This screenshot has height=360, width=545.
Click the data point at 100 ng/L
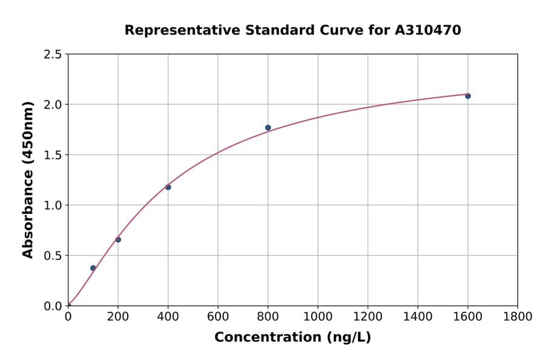(93, 268)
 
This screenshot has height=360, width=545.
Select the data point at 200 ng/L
(118, 239)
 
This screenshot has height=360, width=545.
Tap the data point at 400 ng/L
(168, 187)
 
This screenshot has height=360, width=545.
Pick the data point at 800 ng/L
(268, 128)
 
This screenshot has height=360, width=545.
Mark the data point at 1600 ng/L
(467, 96)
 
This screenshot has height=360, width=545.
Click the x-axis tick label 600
(218, 316)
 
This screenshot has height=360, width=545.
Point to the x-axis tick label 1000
(318, 316)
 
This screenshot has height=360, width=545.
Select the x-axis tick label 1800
(517, 316)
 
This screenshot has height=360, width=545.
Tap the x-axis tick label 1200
(368, 316)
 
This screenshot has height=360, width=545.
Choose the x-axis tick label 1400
(417, 316)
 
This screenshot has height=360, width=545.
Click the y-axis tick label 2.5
(53, 55)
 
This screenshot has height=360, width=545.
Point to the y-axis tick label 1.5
(53, 155)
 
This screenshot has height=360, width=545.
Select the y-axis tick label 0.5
(53, 256)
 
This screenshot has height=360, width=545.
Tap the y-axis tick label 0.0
(53, 306)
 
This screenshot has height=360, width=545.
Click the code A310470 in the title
(428, 30)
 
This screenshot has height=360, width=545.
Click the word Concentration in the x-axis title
(268, 338)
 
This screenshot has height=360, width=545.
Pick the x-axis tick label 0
(68, 316)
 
